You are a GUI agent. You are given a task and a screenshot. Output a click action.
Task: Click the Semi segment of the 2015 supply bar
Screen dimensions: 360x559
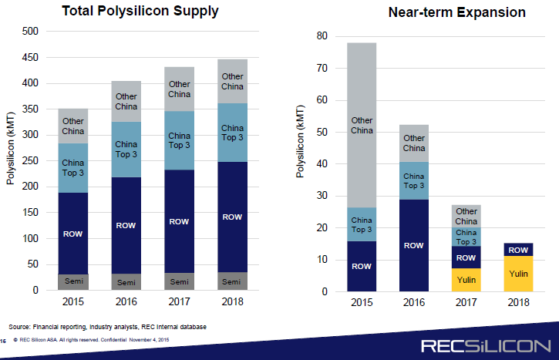coord(73,282)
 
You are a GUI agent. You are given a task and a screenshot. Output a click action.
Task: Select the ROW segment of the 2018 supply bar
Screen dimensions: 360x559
coord(232,217)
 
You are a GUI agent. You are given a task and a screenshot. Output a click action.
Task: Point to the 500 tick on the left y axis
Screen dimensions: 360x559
coord(31,32)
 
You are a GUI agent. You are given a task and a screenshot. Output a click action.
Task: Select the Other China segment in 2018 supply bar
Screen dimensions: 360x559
coord(232,82)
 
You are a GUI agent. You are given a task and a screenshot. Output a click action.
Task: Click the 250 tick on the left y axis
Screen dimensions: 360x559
coord(31,161)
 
